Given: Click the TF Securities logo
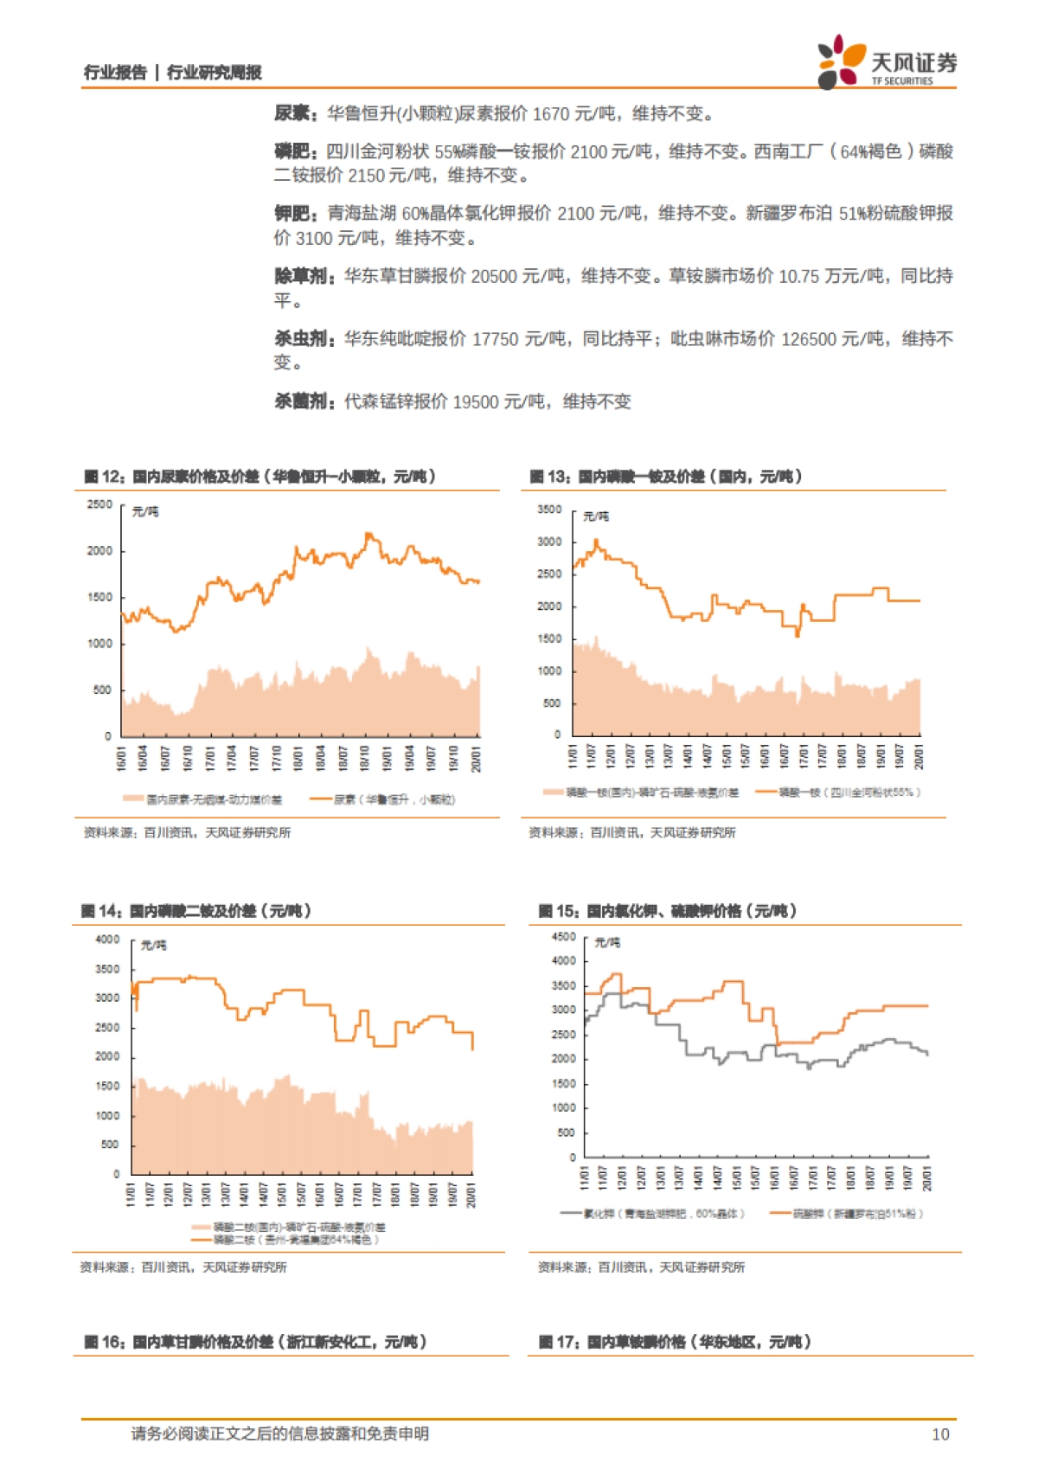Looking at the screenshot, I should point(887,62).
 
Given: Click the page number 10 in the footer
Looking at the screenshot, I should point(940,1434).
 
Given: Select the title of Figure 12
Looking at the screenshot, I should point(259,476).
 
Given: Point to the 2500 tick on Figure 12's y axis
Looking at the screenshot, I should point(99,504).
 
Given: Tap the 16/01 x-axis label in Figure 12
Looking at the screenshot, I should point(122,758).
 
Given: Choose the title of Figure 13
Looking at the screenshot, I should point(666,476).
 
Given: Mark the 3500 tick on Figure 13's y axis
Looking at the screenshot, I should point(549,510).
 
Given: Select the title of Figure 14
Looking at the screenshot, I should point(196,910).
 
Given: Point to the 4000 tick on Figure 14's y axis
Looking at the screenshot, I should point(107,940).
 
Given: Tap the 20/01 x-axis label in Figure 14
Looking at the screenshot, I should point(471,1195).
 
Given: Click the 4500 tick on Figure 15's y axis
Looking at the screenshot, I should point(563,937).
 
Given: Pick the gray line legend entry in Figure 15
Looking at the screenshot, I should point(652,1214).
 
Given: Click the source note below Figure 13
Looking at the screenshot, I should point(632,832).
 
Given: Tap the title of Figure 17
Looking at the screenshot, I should point(675,1342).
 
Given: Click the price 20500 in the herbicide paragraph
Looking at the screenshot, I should point(494,276).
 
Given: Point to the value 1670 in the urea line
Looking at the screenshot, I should point(550,113).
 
